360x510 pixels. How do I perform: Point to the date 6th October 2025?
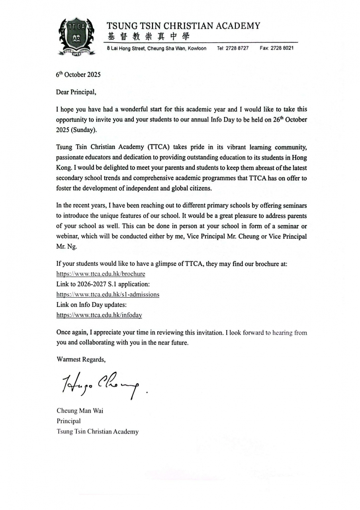78,75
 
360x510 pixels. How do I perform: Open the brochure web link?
100,274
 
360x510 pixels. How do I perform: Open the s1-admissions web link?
108,294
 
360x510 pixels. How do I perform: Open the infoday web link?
99,315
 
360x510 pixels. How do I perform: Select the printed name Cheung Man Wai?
80,411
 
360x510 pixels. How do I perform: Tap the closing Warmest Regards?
81,359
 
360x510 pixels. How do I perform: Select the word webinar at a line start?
68,236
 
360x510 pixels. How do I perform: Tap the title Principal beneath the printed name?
68,421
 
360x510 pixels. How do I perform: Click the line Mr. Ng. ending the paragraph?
65,247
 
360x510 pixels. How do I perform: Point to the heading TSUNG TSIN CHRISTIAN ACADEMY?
183,26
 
